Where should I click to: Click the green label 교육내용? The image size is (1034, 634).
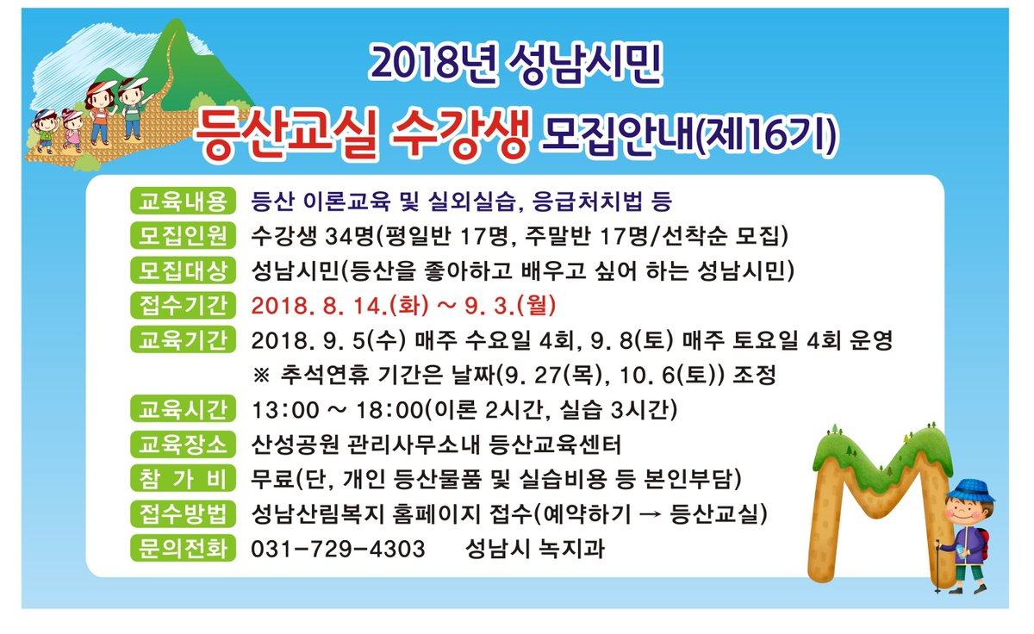(181, 202)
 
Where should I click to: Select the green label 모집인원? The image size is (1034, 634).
(181, 235)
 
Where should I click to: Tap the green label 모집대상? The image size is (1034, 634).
(181, 270)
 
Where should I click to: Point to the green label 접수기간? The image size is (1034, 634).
(181, 305)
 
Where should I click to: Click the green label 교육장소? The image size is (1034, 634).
(181, 444)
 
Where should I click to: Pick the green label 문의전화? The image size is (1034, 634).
(181, 549)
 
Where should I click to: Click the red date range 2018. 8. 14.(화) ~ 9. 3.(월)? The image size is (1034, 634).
(404, 306)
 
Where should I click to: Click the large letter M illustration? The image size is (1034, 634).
(870, 500)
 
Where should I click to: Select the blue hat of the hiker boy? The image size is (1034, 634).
(972, 489)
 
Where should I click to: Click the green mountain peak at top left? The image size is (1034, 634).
(178, 39)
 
